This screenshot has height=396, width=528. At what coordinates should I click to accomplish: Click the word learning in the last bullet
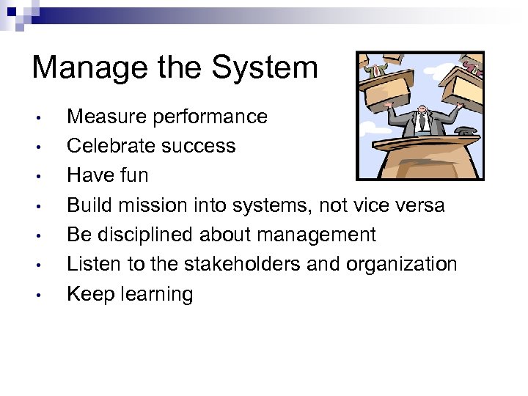tap(156, 294)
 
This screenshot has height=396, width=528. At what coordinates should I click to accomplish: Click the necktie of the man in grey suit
tap(423, 122)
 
